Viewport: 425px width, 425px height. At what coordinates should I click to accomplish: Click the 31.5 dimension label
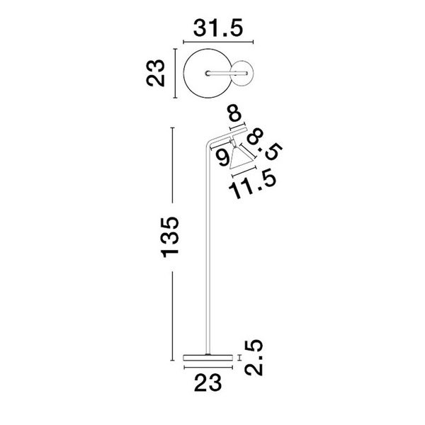coord(218,28)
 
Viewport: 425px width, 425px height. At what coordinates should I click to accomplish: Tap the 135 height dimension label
coord(170,237)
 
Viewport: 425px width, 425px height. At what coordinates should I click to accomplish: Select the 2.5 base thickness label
coord(254,358)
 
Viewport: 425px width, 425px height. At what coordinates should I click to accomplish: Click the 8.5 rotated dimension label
coord(264,144)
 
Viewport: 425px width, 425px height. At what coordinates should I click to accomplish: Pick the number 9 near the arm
coord(224,158)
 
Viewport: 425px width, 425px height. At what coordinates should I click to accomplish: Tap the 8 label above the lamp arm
coord(234,113)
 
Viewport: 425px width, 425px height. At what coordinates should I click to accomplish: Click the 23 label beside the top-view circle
coord(156,73)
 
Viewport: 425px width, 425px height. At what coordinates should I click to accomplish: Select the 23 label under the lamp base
coord(208,382)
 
